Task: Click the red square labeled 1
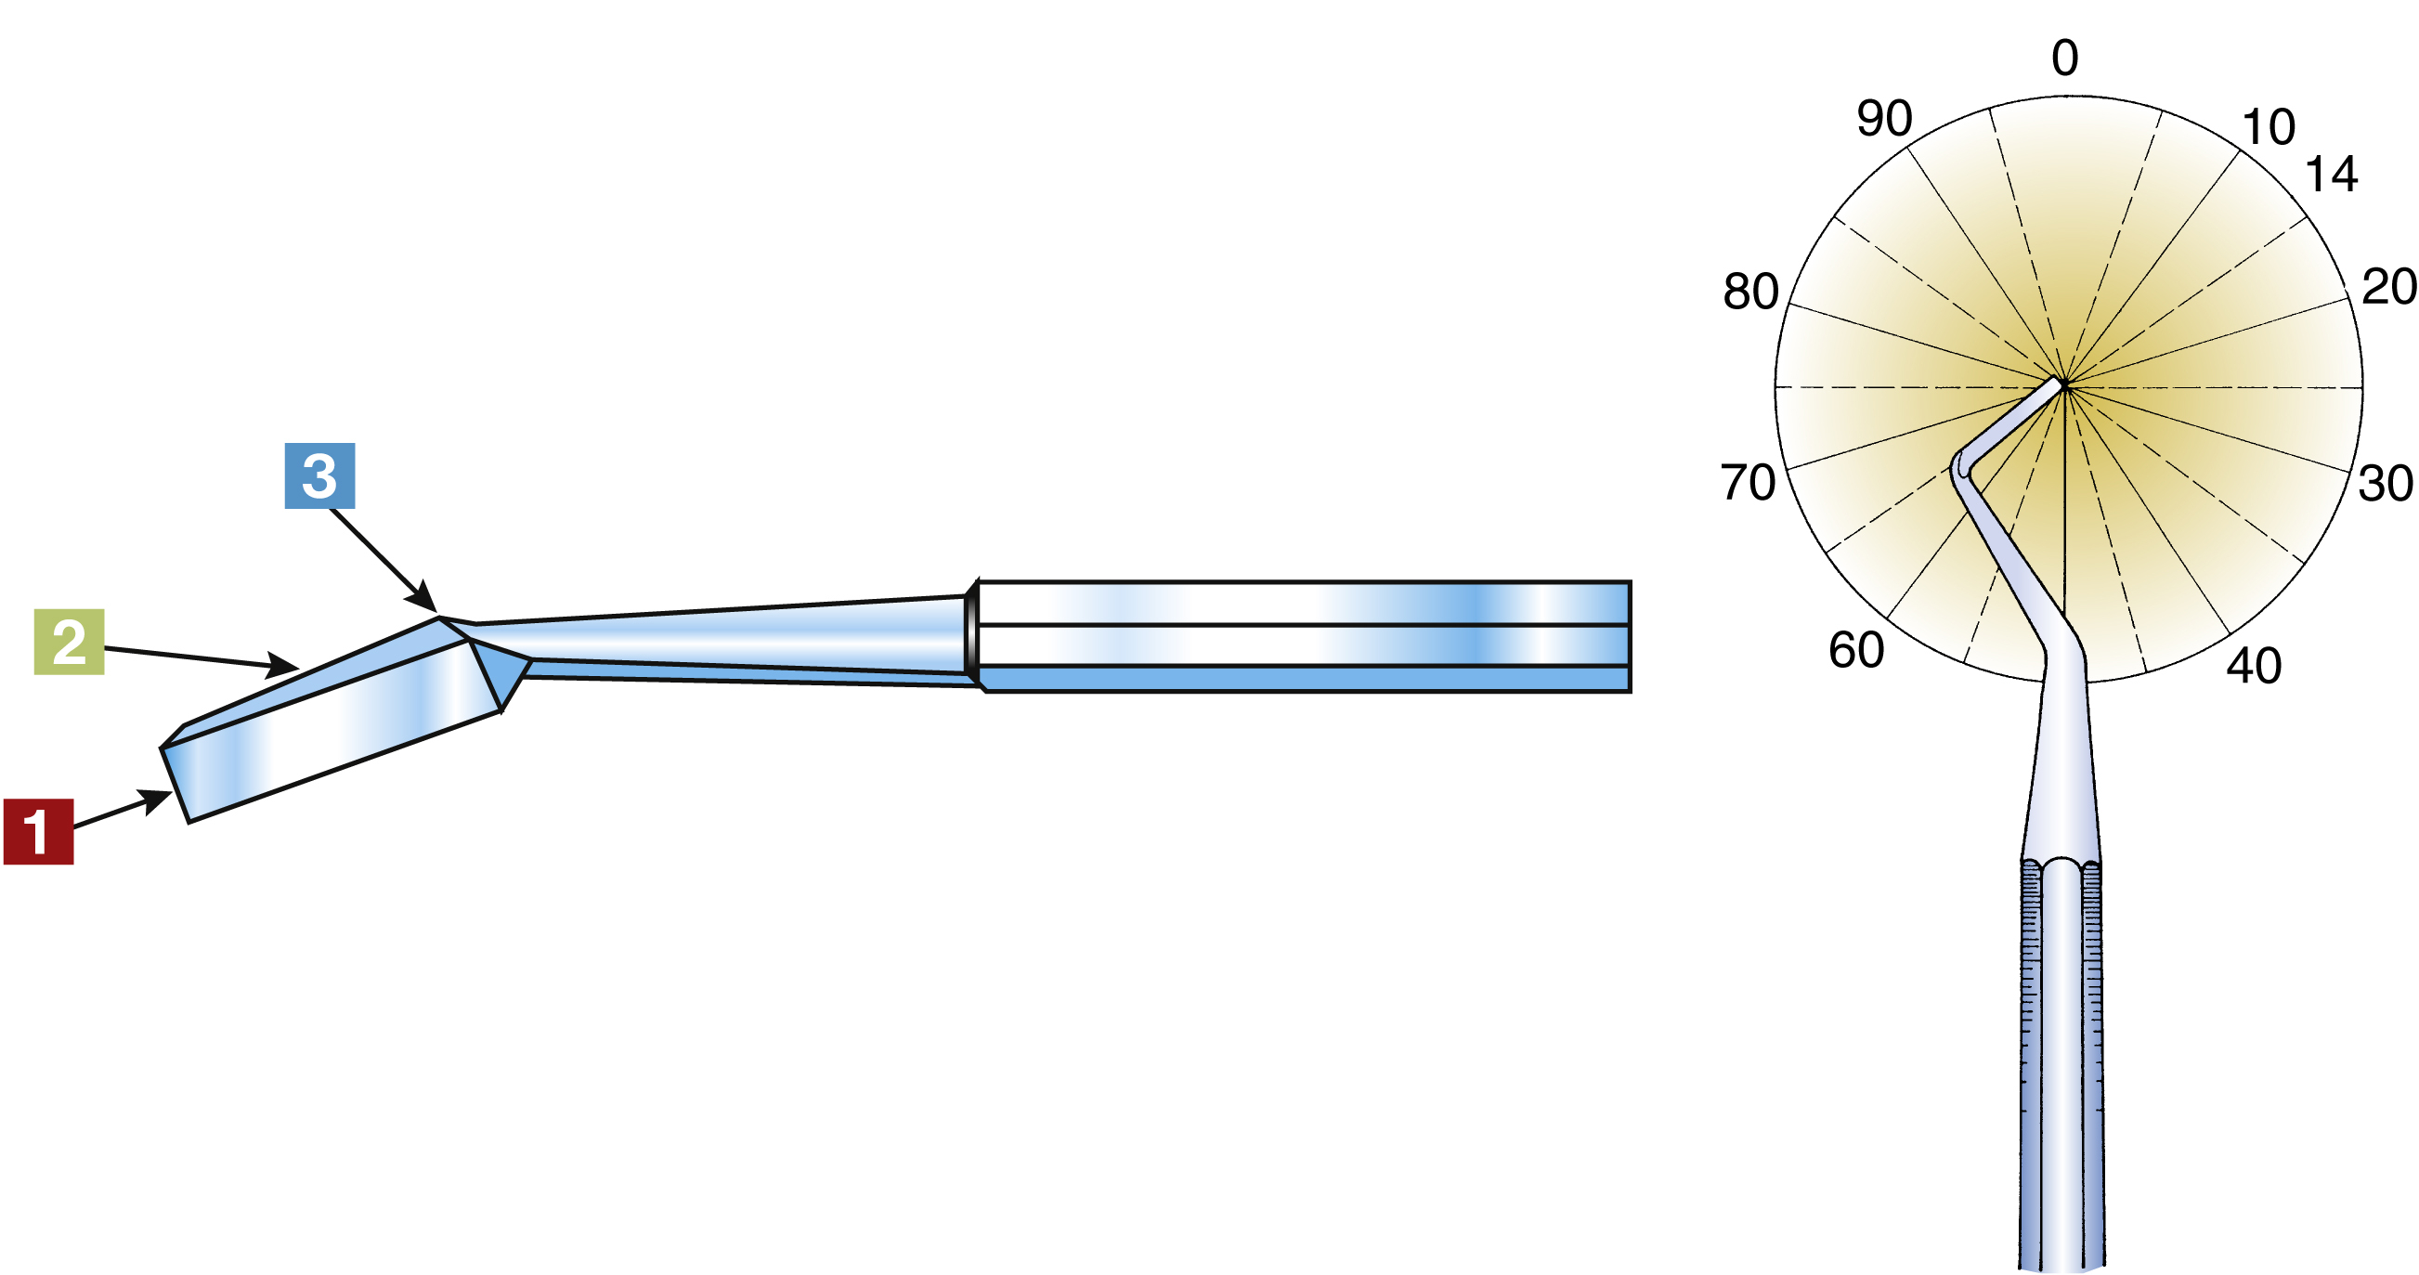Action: coord(38,831)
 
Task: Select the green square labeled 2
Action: coord(69,642)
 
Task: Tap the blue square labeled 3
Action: coord(319,475)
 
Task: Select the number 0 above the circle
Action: coord(2065,59)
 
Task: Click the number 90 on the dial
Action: coord(1884,118)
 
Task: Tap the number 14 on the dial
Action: coord(2331,175)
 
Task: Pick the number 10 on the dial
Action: coord(2268,126)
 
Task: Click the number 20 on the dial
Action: coord(2388,286)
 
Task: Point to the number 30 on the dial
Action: coord(2385,484)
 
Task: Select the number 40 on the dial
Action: coord(2253,666)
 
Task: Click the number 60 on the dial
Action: coord(1855,650)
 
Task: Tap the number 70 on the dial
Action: coord(1747,483)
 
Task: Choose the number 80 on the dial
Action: coord(1749,291)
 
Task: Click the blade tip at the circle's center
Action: coord(2061,384)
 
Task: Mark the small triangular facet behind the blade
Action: coord(502,669)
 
